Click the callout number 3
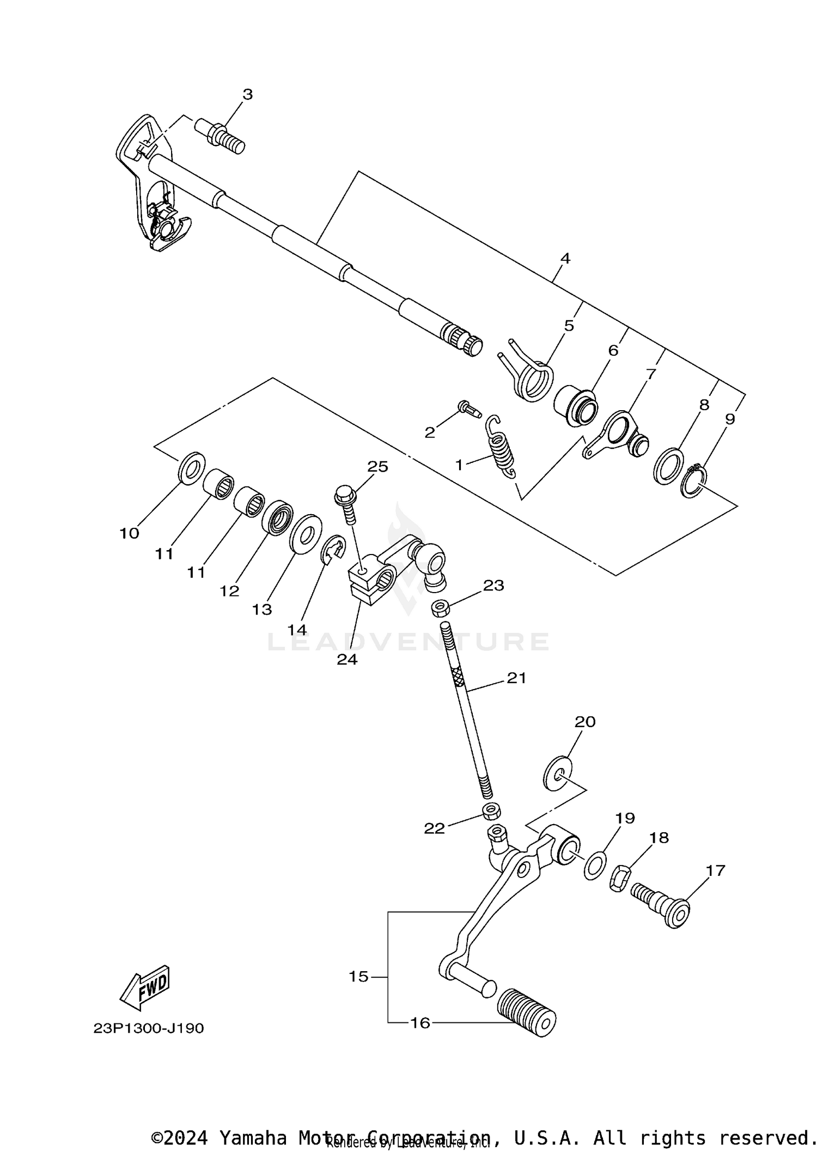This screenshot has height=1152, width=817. (x=247, y=94)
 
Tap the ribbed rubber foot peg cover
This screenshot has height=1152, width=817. (x=527, y=1012)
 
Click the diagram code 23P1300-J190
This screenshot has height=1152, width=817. (x=149, y=1028)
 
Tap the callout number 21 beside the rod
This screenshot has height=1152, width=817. (x=516, y=678)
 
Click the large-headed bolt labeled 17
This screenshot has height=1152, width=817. (x=662, y=906)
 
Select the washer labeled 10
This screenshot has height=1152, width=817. (x=192, y=467)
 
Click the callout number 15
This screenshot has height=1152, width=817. (x=359, y=977)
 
